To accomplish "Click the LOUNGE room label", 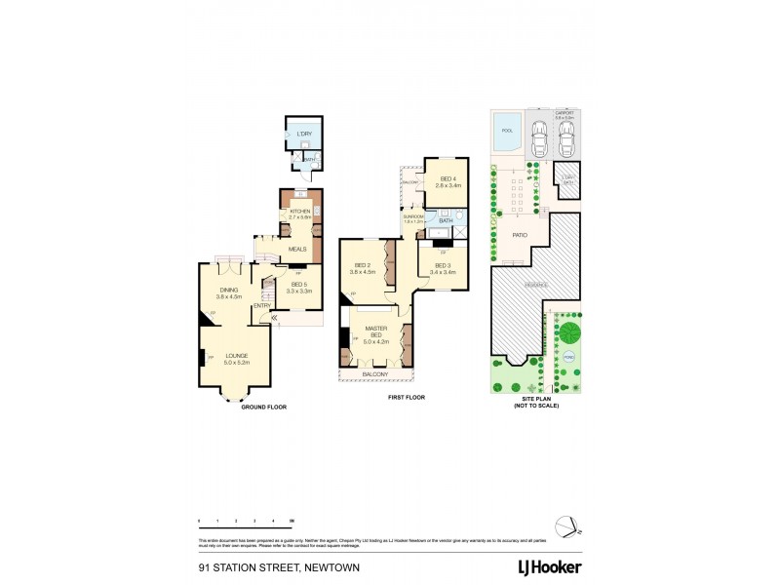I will [x=237, y=356].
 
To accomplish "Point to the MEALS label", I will [x=297, y=249].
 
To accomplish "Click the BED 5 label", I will [x=299, y=285].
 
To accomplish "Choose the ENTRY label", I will [x=261, y=306].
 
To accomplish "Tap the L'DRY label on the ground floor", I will [x=304, y=134].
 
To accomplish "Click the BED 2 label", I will [x=363, y=265].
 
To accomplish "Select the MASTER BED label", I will [x=375, y=332].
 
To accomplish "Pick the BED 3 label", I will [x=443, y=265].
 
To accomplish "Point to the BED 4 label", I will [x=448, y=179].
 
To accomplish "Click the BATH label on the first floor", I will [x=446, y=221].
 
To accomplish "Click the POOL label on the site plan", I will [x=506, y=131].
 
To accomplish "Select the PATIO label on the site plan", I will [x=520, y=235].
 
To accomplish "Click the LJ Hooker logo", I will [x=549, y=566].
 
